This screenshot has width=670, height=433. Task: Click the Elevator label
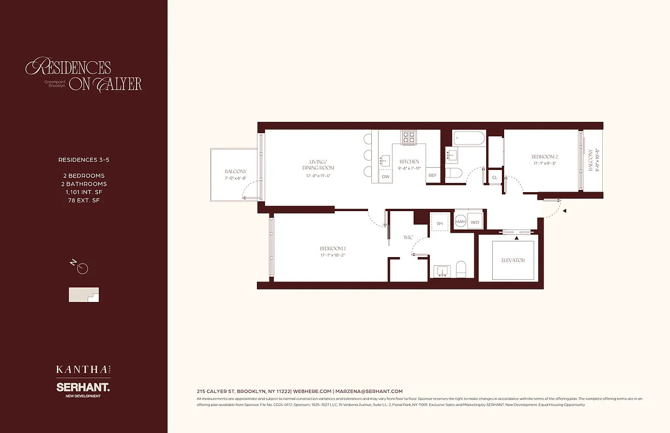pos(513,260)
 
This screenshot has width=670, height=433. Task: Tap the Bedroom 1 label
pos(332,248)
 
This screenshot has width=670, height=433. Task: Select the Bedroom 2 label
pos(544,156)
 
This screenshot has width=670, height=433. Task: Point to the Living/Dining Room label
pos(318,165)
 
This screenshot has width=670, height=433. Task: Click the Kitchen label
pos(409,161)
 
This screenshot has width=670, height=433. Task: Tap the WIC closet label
pos(408,237)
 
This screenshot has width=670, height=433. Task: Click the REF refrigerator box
pos(433,175)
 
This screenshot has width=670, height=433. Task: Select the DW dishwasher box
pos(385,176)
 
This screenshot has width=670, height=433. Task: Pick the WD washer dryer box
pos(475,222)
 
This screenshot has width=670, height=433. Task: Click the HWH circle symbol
pos(460,222)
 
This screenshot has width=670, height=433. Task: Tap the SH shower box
pos(440,223)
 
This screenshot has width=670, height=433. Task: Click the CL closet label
pos(494,178)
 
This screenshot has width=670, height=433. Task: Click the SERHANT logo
pos(83,388)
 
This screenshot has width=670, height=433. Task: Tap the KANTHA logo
pos(82,370)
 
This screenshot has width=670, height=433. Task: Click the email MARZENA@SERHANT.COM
pos(369,391)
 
